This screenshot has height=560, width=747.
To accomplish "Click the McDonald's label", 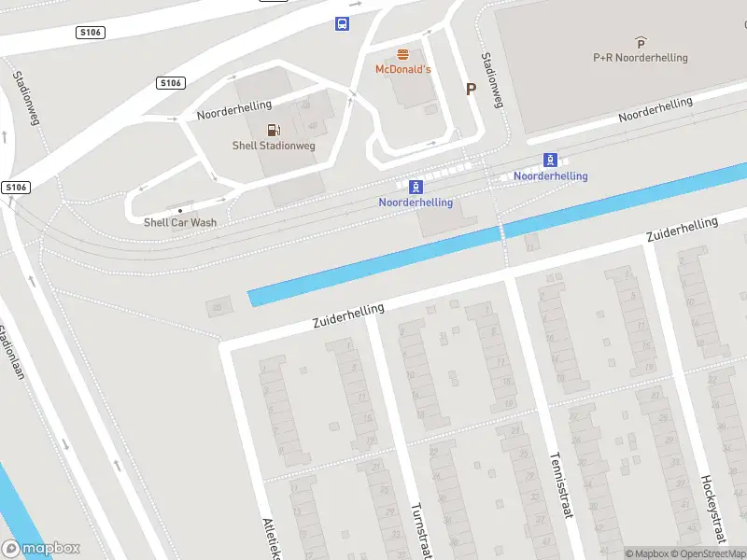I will click(x=402, y=70).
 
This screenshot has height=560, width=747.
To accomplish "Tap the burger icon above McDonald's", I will click(x=402, y=54).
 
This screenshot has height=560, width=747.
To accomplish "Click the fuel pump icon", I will click(x=272, y=131).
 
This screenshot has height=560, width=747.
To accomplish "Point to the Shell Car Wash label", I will click(x=180, y=222).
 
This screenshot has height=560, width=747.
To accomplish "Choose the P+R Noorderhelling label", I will click(x=641, y=58).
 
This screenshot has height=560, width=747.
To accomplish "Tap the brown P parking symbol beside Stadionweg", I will click(x=472, y=90).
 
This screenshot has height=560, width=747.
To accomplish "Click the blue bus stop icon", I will click(x=343, y=23).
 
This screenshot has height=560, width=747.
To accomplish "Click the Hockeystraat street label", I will click(x=712, y=509).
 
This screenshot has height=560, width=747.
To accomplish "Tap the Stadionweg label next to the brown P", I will click(x=491, y=80).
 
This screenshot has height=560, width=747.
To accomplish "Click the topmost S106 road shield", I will click(x=91, y=33).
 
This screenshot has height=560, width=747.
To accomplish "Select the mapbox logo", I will click(x=41, y=549).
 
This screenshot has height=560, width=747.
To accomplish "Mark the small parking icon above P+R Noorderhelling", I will click(x=641, y=42).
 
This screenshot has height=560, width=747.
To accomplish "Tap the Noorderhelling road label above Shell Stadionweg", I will click(x=233, y=109).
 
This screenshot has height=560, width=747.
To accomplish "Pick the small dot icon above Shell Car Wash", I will click(x=180, y=211).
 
